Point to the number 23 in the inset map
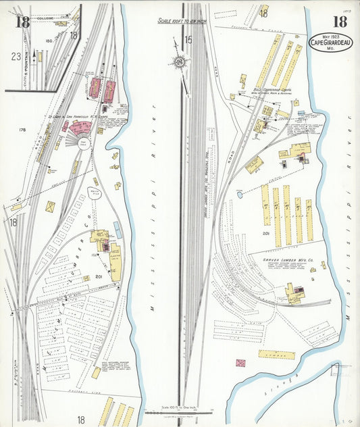tap(16, 57)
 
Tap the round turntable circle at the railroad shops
tap(83, 143)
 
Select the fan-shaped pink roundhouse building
tap(79, 126)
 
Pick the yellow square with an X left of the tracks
tap(51, 206)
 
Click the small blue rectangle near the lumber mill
tap(118, 230)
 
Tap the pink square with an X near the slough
tap(240, 363)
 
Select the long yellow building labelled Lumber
tap(276, 354)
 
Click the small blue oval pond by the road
tap(240, 195)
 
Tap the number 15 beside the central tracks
tap(188, 41)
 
